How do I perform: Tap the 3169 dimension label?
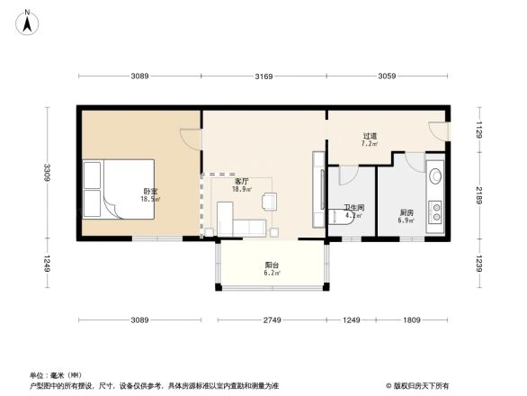263,76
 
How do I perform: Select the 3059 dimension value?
388,76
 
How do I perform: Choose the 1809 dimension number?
411,321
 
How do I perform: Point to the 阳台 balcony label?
271,265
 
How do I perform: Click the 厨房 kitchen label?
406,213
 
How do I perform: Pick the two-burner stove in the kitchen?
436,211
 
